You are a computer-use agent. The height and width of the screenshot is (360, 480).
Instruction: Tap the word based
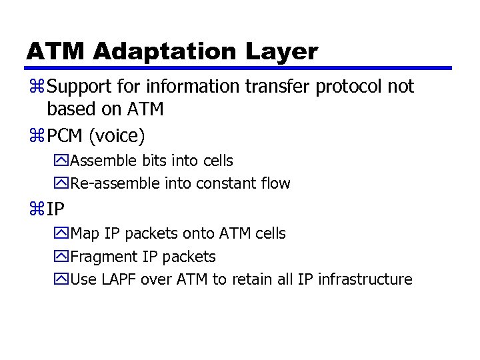pos(69,109)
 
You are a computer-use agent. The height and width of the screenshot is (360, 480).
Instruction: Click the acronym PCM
pos(65,136)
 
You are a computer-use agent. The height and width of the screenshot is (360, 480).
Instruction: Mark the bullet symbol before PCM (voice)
pos(35,137)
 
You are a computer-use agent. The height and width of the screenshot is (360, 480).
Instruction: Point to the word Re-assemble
pos(111,183)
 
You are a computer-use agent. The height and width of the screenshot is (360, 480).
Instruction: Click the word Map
pos(85,234)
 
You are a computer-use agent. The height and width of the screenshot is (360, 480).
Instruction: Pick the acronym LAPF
pos(117,279)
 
